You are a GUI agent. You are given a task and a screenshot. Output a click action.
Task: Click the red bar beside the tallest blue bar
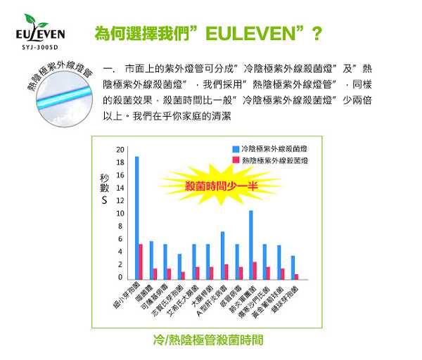tap(141, 261)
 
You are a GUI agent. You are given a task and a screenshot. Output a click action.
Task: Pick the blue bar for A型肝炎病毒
tap(222, 255)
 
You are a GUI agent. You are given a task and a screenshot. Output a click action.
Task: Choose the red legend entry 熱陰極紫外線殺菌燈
tap(268, 161)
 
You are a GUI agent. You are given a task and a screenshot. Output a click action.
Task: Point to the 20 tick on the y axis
tap(120, 150)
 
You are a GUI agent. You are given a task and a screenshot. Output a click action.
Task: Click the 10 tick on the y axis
tap(120, 213)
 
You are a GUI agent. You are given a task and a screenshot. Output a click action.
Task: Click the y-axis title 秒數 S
tap(103, 186)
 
